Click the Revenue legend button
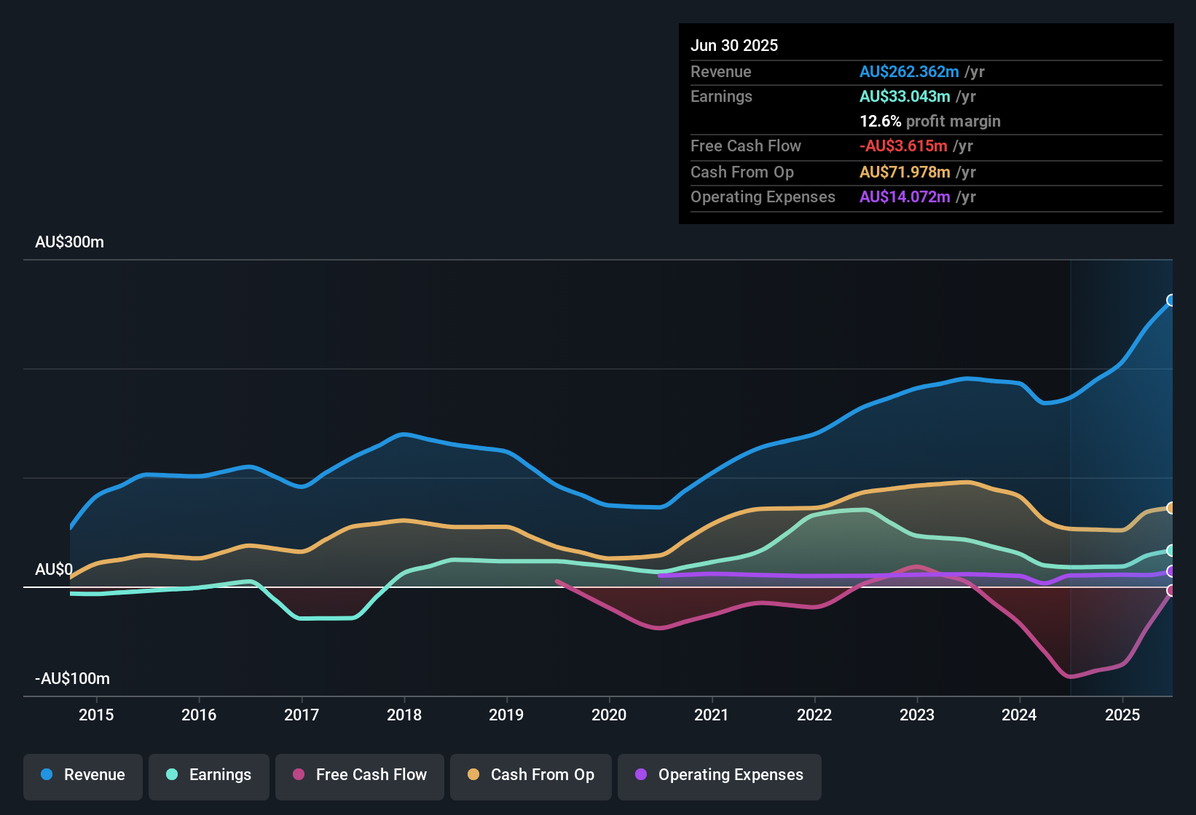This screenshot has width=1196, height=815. click(83, 775)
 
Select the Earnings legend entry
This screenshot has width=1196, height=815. click(209, 775)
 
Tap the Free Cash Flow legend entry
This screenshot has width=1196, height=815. click(360, 775)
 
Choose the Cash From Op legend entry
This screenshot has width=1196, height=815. click(531, 775)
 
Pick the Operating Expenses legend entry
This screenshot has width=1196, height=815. click(720, 775)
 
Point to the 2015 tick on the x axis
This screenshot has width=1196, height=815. click(96, 715)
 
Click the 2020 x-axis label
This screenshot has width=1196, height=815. click(609, 715)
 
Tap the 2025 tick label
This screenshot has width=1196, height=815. click(1122, 715)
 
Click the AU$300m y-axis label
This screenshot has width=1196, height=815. click(70, 242)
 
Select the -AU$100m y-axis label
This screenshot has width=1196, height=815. click(72, 679)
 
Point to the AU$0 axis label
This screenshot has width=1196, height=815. click(54, 570)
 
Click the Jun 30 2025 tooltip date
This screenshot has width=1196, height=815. click(734, 46)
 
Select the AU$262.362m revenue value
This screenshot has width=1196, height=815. click(909, 72)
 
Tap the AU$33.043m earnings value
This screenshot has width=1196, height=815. click(905, 97)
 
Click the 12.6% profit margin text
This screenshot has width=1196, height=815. click(929, 122)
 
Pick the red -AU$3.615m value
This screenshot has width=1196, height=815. click(903, 146)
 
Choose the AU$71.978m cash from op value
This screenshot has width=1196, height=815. click(905, 172)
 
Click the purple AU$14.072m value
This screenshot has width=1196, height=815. click(905, 197)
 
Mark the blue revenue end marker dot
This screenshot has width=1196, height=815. click(1171, 300)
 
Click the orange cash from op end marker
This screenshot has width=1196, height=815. click(1171, 508)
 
